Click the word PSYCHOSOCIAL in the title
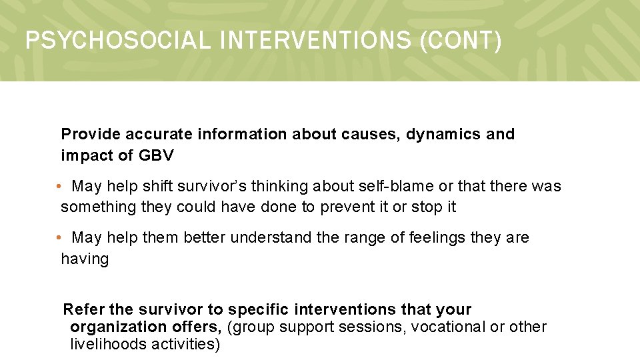[x=117, y=41]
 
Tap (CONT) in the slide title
[x=461, y=41]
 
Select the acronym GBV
[x=156, y=155]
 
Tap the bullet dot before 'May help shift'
[x=59, y=186]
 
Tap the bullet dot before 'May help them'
[x=59, y=237]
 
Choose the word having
[x=85, y=259]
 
